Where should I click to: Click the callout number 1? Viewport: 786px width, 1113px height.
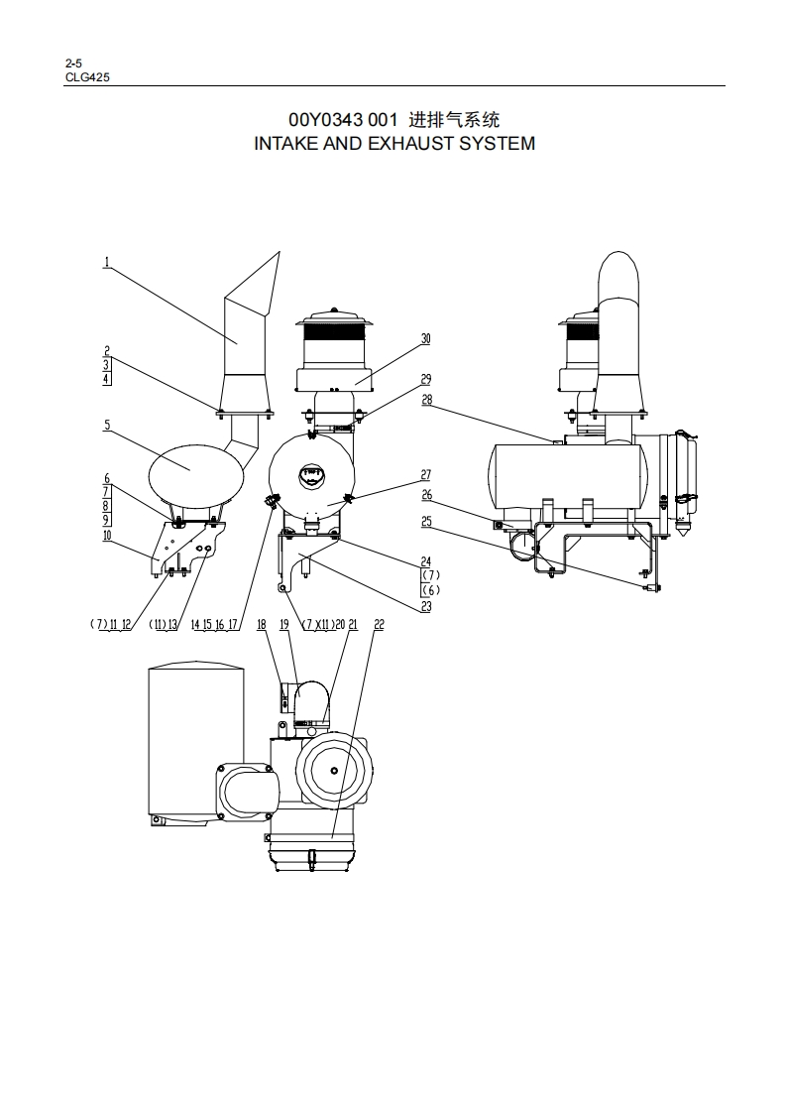coord(106,262)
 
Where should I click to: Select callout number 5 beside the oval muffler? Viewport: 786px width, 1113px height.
coord(107,426)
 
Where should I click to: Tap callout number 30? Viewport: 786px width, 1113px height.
coord(425,338)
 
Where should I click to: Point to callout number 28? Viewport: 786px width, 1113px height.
coord(426,400)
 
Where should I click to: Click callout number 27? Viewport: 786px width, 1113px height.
coord(425,475)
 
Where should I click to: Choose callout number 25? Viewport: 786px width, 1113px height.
coord(426,522)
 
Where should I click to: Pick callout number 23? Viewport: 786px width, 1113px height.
coord(425,607)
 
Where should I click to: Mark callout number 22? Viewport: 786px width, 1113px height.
coord(379,625)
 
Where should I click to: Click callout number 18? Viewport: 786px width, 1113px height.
coord(262,625)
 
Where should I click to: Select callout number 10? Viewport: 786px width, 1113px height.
coord(107,536)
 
